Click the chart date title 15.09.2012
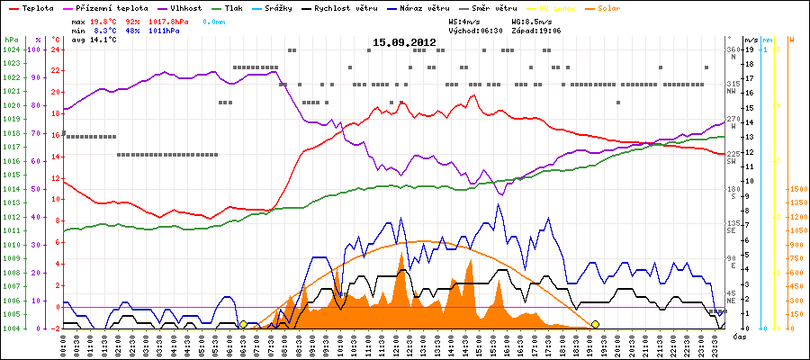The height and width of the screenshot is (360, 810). pyautogui.click(x=404, y=42)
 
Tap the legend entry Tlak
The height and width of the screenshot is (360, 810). pyautogui.click(x=238, y=7)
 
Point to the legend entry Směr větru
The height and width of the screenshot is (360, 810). pyautogui.click(x=490, y=7)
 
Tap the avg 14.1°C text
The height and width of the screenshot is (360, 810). pyautogui.click(x=90, y=40)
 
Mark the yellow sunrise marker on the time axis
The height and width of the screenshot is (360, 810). pyautogui.click(x=243, y=324)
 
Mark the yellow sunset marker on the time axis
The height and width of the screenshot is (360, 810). pyautogui.click(x=595, y=324)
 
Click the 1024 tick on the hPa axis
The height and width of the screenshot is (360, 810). pyautogui.click(x=11, y=49)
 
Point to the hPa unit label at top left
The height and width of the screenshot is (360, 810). pyautogui.click(x=10, y=40)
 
